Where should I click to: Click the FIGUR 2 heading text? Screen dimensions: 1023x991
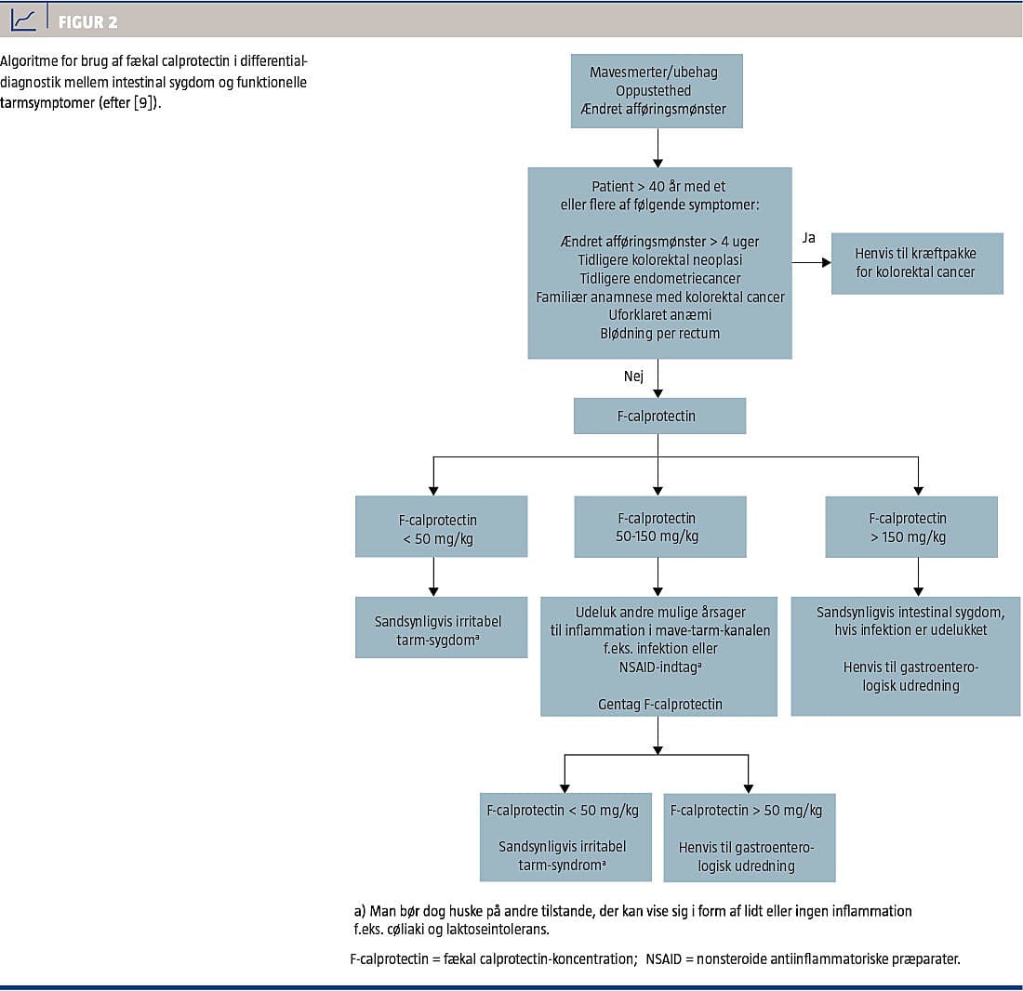click(x=88, y=22)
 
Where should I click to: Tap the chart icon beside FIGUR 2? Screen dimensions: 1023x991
click(x=23, y=20)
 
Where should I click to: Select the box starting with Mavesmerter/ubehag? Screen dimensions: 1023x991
click(x=657, y=90)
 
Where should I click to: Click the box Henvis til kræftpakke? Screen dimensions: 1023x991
click(x=917, y=263)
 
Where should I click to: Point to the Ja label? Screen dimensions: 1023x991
click(x=808, y=238)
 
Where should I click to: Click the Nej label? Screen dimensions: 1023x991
click(x=633, y=376)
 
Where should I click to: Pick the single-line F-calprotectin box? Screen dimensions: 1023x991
click(x=659, y=416)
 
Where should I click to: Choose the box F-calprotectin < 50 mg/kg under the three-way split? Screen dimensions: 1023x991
click(x=441, y=527)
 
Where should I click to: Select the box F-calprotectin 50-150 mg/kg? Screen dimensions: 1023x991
click(x=659, y=527)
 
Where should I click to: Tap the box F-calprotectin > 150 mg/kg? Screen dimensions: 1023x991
click(x=910, y=527)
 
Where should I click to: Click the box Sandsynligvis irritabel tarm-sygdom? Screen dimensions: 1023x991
click(x=441, y=628)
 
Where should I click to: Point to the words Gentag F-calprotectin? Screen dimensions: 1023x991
click(x=659, y=704)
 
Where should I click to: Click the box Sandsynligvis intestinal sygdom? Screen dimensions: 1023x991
click(x=906, y=656)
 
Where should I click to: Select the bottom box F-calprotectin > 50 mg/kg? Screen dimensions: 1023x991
click(x=749, y=838)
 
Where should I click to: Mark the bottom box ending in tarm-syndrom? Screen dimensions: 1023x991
click(x=565, y=838)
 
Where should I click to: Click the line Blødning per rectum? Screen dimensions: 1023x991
click(x=659, y=333)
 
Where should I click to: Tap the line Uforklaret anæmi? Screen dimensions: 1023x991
click(x=659, y=315)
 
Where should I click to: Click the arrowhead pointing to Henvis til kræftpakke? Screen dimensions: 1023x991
click(x=827, y=263)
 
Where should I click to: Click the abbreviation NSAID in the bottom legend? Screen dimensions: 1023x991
click(x=663, y=959)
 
